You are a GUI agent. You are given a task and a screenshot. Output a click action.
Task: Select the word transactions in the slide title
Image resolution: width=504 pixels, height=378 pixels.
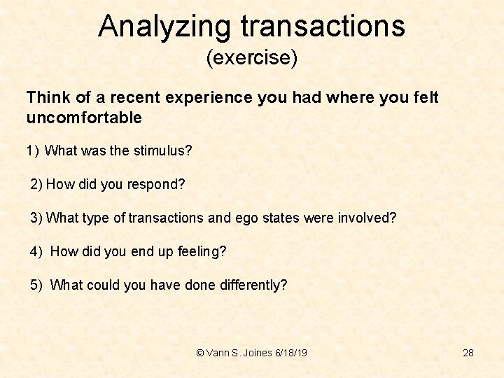(x=323, y=27)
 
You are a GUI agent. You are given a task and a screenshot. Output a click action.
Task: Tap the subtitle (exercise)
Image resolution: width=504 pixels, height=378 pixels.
(x=252, y=57)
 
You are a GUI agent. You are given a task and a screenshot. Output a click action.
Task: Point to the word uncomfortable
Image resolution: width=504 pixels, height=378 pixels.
(x=84, y=118)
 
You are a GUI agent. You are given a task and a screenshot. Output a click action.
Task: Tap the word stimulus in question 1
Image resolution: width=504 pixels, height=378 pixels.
(x=164, y=151)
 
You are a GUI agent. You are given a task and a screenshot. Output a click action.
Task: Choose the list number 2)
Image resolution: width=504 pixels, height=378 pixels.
(x=36, y=185)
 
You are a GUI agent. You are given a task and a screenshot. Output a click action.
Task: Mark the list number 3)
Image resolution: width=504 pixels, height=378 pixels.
(x=36, y=218)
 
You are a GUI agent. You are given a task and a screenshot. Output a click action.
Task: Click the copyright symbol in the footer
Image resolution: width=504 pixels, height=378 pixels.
(x=201, y=353)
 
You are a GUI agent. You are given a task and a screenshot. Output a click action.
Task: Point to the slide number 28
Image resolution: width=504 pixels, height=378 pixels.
(x=468, y=353)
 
